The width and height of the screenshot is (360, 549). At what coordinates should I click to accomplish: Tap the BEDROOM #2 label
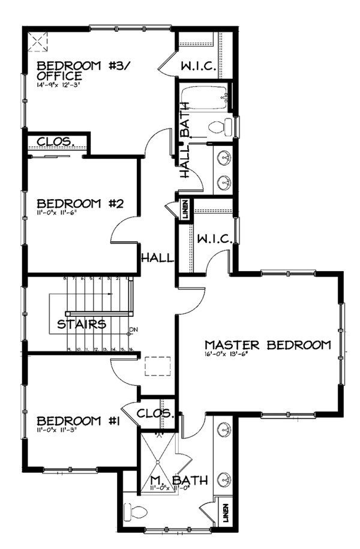coord(79,203)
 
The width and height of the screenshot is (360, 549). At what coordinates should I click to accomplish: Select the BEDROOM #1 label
coord(78,421)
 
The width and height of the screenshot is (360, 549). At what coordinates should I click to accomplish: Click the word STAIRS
coord(82,325)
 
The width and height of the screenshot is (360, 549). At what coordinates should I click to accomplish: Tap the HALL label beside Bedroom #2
coord(157,258)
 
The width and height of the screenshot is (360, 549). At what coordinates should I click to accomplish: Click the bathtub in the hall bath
coord(205,98)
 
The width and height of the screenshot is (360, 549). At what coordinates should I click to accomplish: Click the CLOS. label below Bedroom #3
coord(55,142)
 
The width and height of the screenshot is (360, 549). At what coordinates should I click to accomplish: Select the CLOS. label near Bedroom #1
coord(155,414)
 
